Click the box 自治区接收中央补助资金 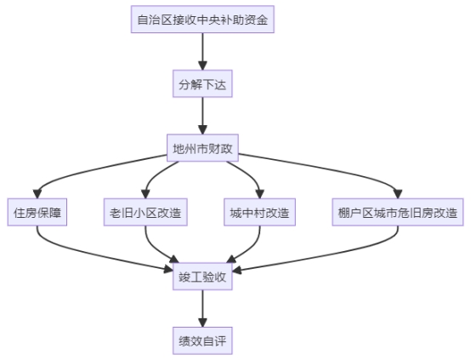pyautogui.click(x=202, y=20)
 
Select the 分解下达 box pyautogui.click(x=202, y=83)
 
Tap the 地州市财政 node pyautogui.click(x=202, y=148)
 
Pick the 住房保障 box pyautogui.click(x=37, y=212)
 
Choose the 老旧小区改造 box pyautogui.click(x=145, y=212)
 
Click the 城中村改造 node pyautogui.click(x=260, y=212)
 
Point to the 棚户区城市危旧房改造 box pyautogui.click(x=398, y=212)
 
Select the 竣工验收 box pyautogui.click(x=202, y=277)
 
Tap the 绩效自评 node pyautogui.click(x=202, y=340)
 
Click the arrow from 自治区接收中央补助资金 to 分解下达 pyautogui.click(x=202, y=51)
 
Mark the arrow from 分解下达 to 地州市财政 pyautogui.click(x=202, y=116)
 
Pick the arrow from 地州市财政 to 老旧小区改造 pyautogui.click(x=154, y=176)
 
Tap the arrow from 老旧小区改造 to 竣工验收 pyautogui.click(x=154, y=248)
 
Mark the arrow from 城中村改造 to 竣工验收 pyautogui.click(x=252, y=248)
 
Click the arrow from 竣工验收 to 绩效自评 pyautogui.click(x=202, y=309)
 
